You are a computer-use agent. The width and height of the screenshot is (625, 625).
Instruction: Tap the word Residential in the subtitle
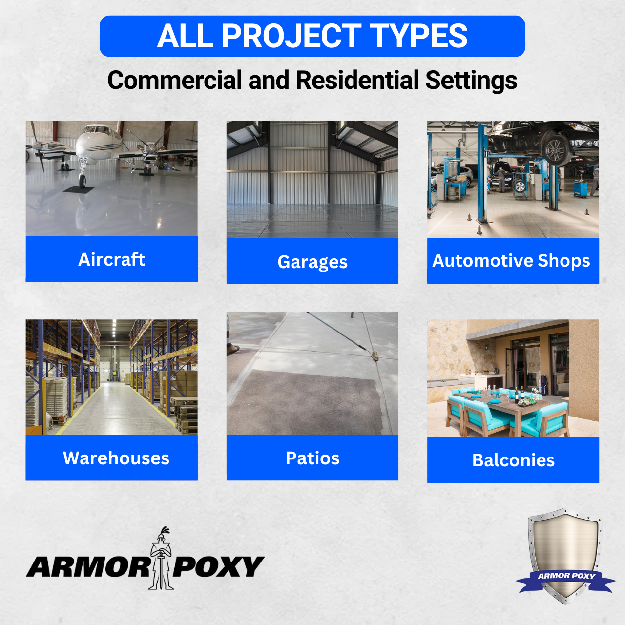357,80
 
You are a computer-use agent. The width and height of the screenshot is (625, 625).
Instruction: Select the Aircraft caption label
112,259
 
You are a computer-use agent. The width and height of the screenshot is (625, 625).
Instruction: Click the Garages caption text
312,262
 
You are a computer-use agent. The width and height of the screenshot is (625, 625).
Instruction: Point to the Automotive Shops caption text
511,261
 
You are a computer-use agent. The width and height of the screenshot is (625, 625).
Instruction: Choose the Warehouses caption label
116,458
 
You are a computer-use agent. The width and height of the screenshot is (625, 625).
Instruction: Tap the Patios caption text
312,458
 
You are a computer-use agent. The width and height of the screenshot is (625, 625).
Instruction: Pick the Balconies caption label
513,460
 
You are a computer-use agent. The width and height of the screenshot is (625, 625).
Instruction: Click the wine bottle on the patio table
516,395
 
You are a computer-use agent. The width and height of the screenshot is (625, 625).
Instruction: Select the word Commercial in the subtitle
175,80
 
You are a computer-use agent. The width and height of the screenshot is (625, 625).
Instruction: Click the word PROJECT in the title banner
291,36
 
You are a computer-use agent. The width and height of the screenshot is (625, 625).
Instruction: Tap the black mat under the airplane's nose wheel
79,190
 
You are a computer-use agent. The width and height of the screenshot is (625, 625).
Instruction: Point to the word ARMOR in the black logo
88,566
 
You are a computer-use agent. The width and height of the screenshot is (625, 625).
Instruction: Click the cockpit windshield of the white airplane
96,129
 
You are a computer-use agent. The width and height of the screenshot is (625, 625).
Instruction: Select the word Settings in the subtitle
471,80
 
